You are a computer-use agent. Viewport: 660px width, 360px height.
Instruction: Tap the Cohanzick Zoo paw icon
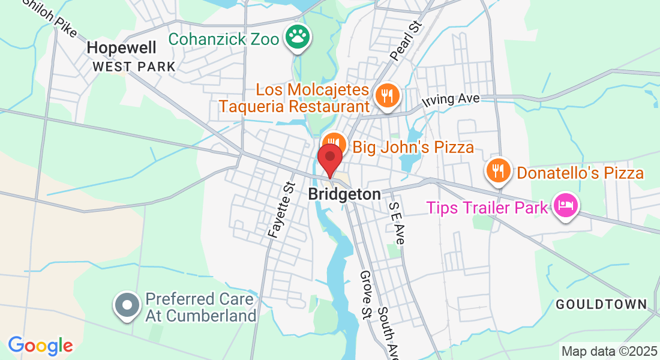[296, 38]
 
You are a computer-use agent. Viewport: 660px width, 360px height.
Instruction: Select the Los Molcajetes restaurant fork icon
[388, 95]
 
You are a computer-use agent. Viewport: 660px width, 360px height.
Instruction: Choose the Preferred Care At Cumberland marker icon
[127, 305]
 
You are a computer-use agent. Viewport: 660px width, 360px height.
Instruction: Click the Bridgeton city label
[344, 194]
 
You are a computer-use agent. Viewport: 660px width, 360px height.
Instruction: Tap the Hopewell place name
[122, 47]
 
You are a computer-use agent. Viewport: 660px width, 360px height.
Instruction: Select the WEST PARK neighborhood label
[134, 67]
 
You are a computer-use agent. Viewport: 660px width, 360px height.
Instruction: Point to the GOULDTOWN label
[601, 304]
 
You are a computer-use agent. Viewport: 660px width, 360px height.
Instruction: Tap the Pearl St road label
[407, 41]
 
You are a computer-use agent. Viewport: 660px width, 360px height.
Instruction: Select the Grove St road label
[367, 295]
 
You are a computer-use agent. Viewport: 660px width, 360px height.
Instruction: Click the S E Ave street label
[397, 222]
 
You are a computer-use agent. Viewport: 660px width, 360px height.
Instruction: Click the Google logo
[40, 346]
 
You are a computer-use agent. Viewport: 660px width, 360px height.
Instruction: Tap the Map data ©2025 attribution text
[608, 350]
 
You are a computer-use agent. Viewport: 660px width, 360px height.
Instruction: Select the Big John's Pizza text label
[413, 147]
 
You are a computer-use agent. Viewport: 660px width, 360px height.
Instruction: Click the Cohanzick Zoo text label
[223, 39]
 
